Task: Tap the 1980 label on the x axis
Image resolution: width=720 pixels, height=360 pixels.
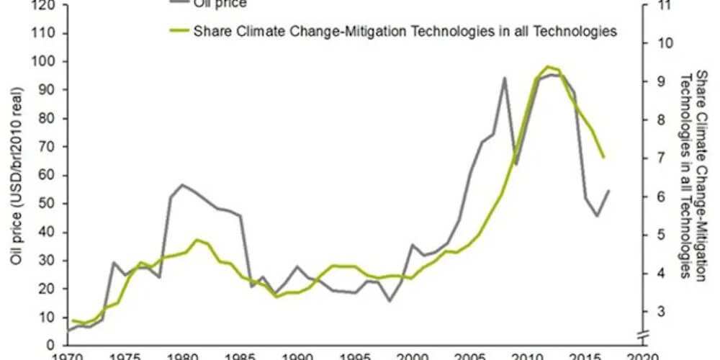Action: (x=181, y=355)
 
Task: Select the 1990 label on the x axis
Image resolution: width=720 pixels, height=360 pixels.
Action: (x=296, y=355)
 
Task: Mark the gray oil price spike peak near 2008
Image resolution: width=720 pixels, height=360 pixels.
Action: (x=504, y=78)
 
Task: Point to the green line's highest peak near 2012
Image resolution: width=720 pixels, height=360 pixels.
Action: (x=548, y=66)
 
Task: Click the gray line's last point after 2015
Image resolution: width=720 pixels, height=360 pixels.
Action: (x=609, y=191)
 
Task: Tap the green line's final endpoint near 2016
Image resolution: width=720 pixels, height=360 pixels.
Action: (x=603, y=157)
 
